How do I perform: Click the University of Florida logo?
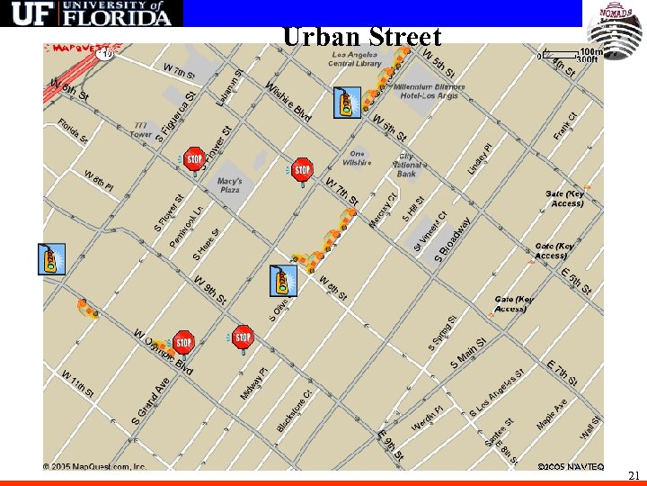point(91,13)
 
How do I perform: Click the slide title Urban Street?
point(361,37)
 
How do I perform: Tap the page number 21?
point(634,475)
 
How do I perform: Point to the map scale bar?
point(572,55)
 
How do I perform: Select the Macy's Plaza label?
point(230,185)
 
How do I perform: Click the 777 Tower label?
point(141,129)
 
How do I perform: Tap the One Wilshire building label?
point(357,158)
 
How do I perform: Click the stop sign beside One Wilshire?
point(303,169)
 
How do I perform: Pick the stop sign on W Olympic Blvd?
point(183,342)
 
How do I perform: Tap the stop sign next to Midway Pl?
point(243,338)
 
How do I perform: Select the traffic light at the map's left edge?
point(52,259)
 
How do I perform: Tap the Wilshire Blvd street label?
point(288,101)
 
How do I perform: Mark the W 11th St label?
point(78,382)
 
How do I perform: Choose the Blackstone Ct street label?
point(295,409)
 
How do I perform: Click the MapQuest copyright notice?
point(95,467)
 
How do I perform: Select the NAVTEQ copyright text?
point(571,467)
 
